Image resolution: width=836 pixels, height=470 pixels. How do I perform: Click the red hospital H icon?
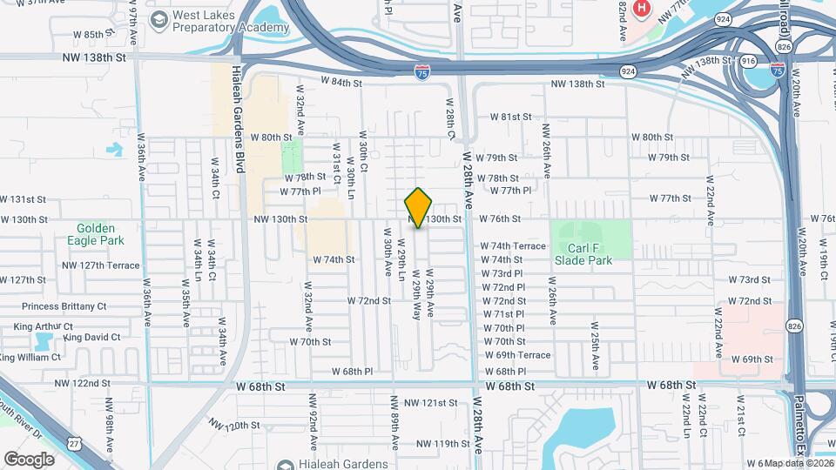642,10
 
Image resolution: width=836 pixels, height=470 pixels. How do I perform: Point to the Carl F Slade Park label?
583,253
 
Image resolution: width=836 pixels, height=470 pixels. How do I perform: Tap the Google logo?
29,459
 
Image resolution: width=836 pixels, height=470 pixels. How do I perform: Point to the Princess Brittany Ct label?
64,306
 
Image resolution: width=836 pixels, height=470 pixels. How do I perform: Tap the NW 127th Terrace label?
100,265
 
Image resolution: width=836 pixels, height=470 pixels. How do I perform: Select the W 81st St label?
509,117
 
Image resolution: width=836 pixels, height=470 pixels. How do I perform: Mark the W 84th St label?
340,83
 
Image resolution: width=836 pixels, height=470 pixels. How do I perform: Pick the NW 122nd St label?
83,383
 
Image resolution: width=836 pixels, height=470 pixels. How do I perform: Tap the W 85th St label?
94,34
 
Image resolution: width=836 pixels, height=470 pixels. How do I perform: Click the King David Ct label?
97,337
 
